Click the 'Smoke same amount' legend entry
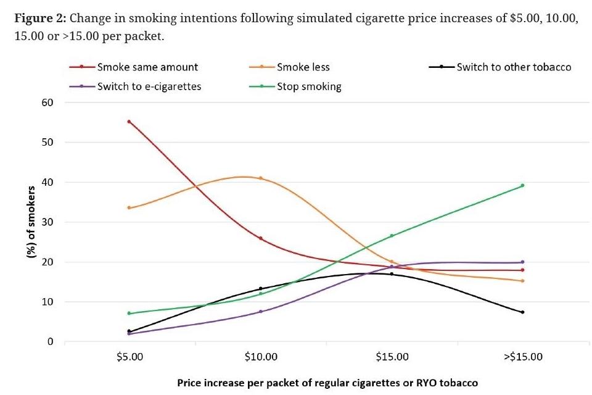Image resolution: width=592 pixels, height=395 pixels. pos(147,67)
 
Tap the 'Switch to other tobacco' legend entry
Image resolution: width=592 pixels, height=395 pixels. pos(513,67)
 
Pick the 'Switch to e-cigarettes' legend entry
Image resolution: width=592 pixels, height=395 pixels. pos(149,86)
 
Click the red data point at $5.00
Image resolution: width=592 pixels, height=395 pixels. pos(129,122)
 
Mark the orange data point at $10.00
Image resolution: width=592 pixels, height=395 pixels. pos(261,178)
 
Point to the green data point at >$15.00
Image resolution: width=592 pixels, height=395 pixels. pos(522,185)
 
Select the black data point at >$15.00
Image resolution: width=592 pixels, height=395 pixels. pos(522,312)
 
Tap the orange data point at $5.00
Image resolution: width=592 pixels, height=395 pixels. pos(129,207)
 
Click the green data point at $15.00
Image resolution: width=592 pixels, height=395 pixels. pos(392,236)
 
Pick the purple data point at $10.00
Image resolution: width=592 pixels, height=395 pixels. pos(261,312)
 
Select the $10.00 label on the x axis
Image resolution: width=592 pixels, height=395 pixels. pos(261,357)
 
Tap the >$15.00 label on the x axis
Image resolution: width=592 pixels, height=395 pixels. pos(522,357)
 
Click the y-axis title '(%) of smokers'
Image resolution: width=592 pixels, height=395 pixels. pos(31,222)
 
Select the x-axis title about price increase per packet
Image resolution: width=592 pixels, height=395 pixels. pos(327,383)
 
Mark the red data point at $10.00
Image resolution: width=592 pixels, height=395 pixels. pos(261,238)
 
